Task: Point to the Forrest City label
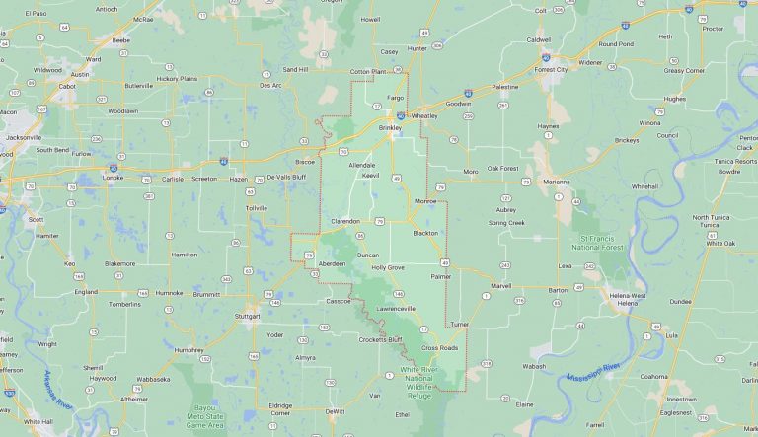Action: [552, 69]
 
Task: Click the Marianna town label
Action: [556, 182]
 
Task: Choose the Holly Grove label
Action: [388, 267]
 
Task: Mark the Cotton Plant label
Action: [370, 72]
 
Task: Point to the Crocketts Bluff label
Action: [380, 339]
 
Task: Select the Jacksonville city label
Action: [23, 137]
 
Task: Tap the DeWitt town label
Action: [335, 410]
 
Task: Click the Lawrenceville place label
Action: [394, 309]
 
